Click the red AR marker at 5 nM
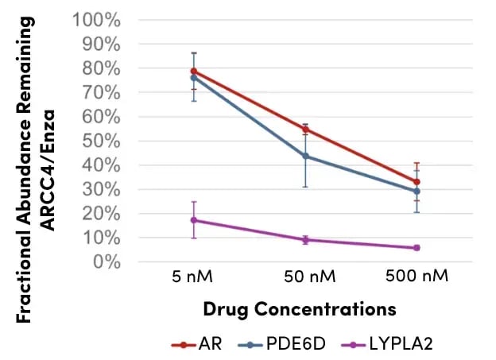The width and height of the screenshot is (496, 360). point(193,72)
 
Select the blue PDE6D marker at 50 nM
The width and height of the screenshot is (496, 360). point(305,157)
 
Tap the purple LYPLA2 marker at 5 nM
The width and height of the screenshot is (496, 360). point(193,220)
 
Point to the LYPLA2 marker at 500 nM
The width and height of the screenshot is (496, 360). point(417,248)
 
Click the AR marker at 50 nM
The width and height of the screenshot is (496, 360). point(305,130)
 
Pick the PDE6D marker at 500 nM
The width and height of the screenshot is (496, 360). point(417,192)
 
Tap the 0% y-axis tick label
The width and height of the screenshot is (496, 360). point(109,262)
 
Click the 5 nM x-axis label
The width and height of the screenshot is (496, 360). point(193,277)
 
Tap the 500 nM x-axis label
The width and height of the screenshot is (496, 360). point(417,277)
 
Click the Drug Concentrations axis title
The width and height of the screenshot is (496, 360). point(299,308)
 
